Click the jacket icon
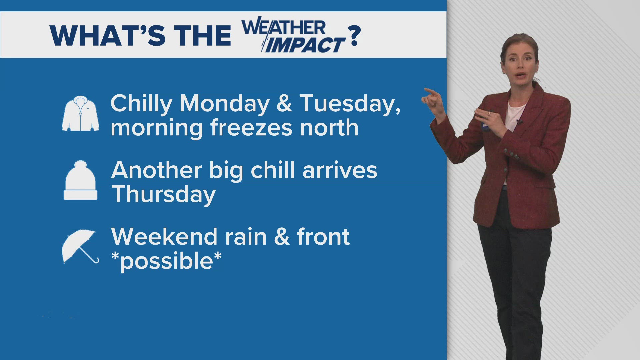point(80,114)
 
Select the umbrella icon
point(80,247)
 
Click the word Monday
point(224,104)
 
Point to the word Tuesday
point(350,104)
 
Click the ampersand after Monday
point(284,104)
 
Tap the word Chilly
point(141,104)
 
